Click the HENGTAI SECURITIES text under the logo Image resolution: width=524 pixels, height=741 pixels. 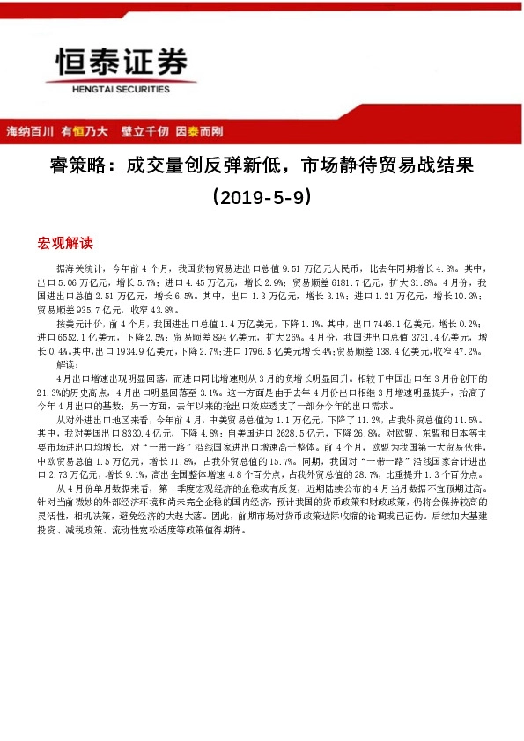coord(122,88)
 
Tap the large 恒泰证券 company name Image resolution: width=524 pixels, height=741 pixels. coord(122,62)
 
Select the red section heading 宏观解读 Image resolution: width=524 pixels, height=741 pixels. coord(65,242)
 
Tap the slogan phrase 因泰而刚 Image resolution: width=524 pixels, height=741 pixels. coord(199,132)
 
